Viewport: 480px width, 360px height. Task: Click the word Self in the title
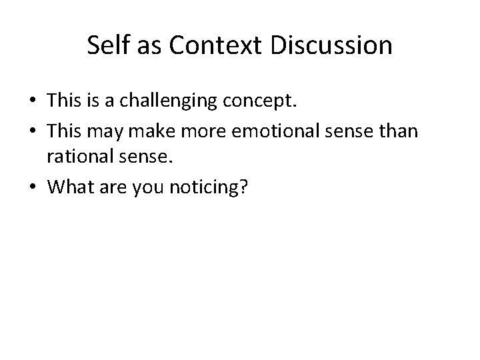tap(107, 46)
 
